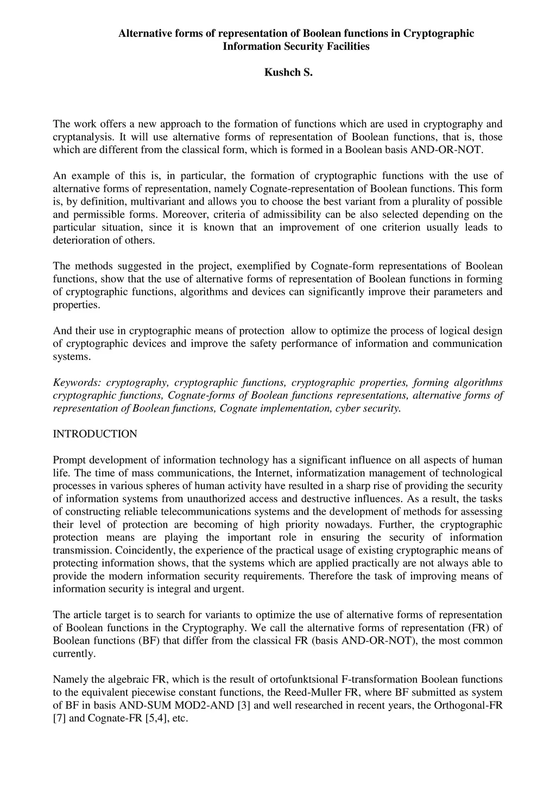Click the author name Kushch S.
click(288, 72)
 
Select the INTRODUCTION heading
click(95, 434)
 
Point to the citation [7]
click(59, 719)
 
